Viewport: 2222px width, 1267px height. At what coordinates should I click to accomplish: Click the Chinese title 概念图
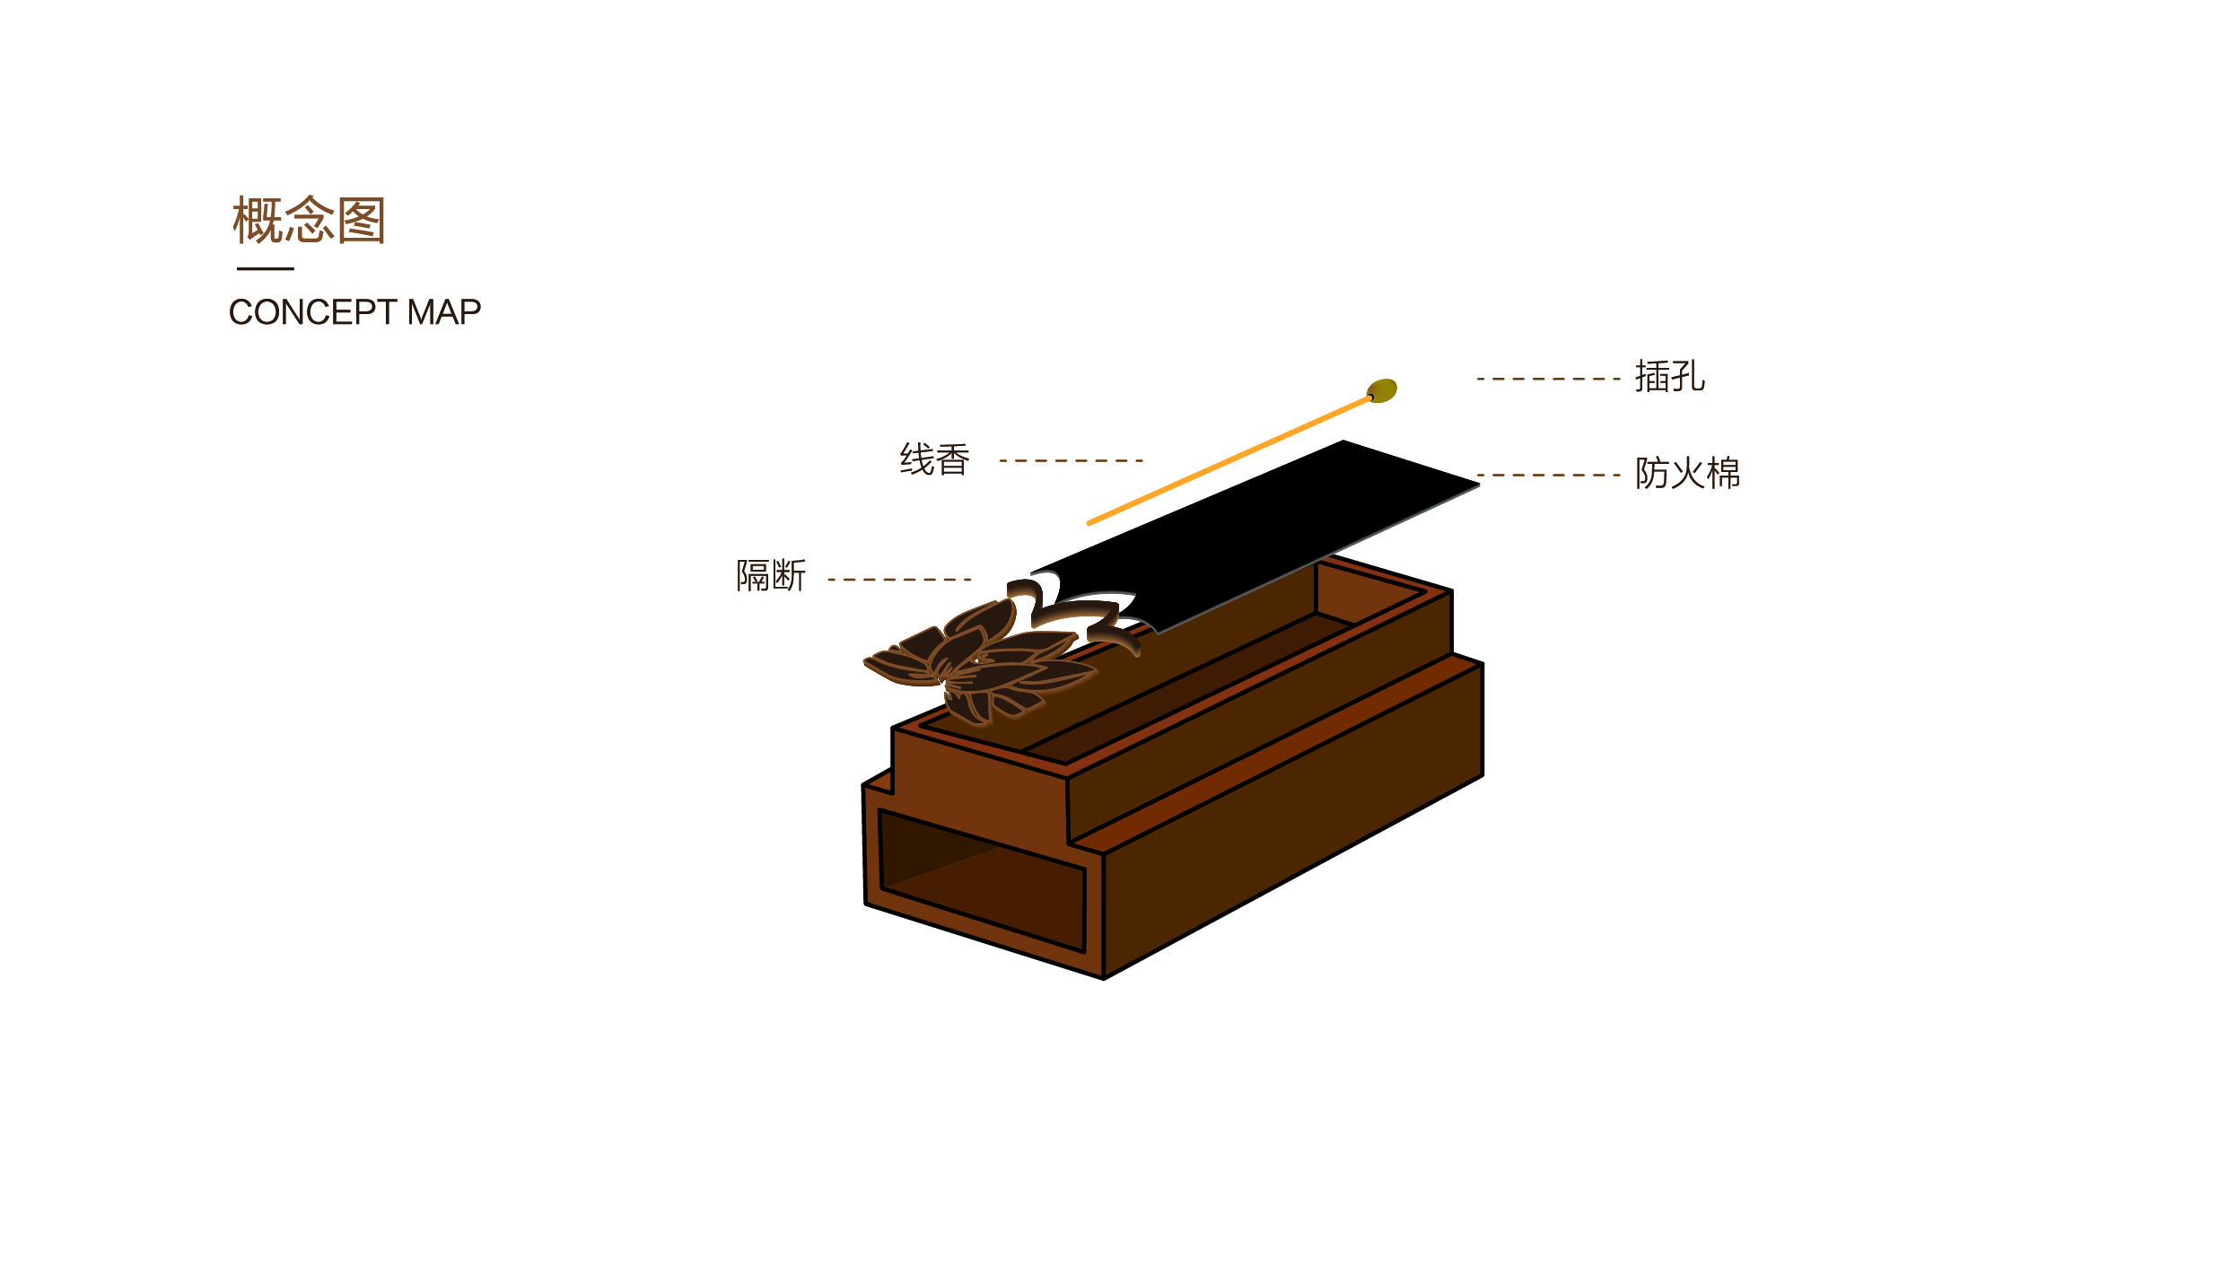pos(309,220)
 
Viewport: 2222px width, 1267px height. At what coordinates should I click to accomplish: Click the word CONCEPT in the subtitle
pos(311,312)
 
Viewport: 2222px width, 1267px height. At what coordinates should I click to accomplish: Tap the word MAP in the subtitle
pos(444,312)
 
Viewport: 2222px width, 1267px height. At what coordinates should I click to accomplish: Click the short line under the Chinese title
pos(265,268)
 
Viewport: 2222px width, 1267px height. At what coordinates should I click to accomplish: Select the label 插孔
pos(1669,377)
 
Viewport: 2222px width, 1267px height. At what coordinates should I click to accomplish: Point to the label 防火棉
pos(1687,473)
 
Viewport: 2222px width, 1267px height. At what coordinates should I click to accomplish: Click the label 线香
pos(934,459)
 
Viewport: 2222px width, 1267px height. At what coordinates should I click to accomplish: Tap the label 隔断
pos(771,575)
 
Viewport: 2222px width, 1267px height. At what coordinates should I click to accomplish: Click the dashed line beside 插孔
pos(1548,379)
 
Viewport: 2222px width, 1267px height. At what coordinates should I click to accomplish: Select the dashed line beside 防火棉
pos(1548,475)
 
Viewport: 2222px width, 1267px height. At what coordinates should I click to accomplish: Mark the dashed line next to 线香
pos(1071,460)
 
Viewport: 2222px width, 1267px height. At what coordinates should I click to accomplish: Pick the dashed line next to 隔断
pos(899,580)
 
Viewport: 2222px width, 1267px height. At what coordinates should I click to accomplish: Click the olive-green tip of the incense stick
pos(1382,390)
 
